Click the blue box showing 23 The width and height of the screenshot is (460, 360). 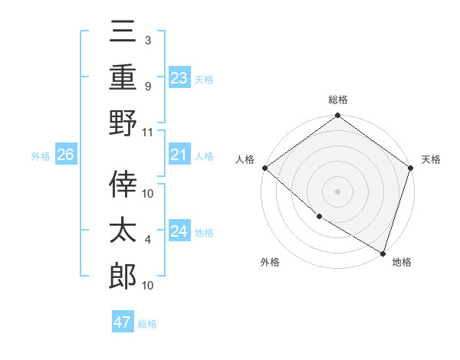pos(179,77)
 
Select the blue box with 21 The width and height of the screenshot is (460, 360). pos(179,155)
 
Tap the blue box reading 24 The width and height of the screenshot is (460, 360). pos(179,231)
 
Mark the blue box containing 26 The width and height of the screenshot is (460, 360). pos(66,155)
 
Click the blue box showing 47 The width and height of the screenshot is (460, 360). pos(123,322)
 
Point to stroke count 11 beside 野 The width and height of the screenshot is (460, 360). pos(149,132)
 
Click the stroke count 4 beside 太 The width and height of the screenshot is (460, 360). pos(148,241)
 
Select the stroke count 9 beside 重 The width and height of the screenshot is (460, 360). pos(148,87)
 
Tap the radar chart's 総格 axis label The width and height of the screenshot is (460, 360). pos(338,100)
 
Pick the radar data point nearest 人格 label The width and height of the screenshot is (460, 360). pos(264,168)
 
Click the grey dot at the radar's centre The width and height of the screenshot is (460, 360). pos(338,191)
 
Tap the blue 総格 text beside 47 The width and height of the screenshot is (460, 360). pos(147,324)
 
